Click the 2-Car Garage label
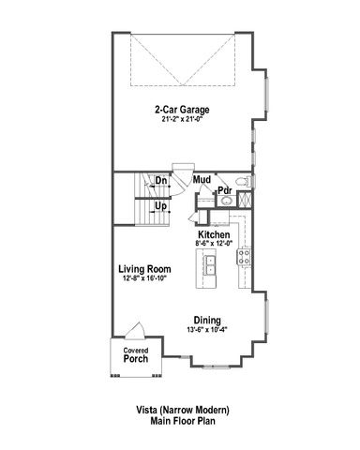182,109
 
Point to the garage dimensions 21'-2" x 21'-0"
182,119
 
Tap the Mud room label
202,178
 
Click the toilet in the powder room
240,181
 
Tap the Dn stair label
161,180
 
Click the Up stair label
161,205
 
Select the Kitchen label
214,234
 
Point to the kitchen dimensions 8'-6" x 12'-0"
214,244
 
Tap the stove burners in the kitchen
246,257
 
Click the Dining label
207,318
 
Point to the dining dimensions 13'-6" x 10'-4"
207,328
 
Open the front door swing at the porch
134,332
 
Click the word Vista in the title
148,411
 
